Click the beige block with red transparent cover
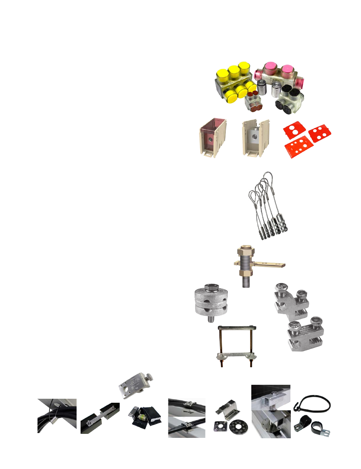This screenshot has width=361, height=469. click(213, 137)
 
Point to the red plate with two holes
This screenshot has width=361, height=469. click(295, 131)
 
